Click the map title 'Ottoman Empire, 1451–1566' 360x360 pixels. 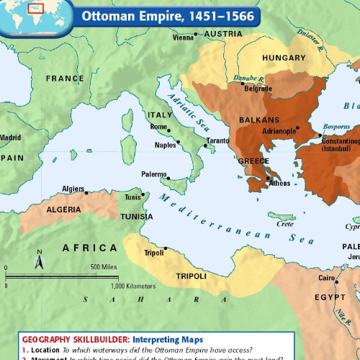(167, 15)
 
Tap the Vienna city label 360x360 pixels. (184, 37)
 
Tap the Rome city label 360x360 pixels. (158, 127)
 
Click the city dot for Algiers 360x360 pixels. (86, 192)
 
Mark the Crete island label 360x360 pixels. (285, 224)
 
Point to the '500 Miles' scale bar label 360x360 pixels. (104, 267)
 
